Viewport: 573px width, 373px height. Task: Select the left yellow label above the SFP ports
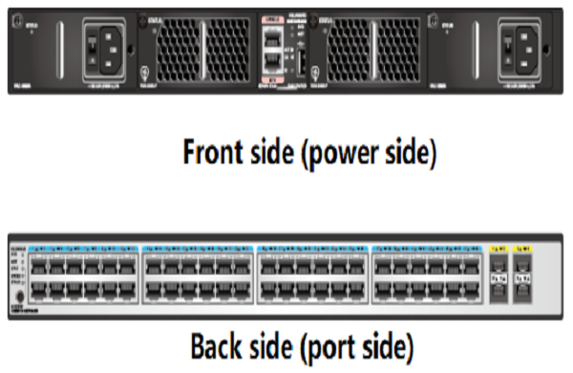498,248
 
